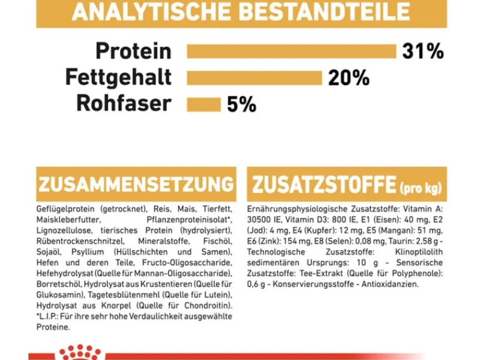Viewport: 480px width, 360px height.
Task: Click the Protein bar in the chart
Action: click(x=291, y=51)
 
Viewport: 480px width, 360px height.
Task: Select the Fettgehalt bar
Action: click(x=255, y=78)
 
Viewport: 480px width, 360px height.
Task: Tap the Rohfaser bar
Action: click(x=204, y=104)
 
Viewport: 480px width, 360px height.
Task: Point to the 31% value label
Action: click(x=423, y=52)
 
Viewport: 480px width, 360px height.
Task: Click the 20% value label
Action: click(x=349, y=78)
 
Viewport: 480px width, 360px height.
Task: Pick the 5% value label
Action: click(x=241, y=104)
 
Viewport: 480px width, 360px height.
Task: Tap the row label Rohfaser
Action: click(x=124, y=104)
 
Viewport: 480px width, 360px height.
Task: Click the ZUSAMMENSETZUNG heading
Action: click(x=135, y=184)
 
